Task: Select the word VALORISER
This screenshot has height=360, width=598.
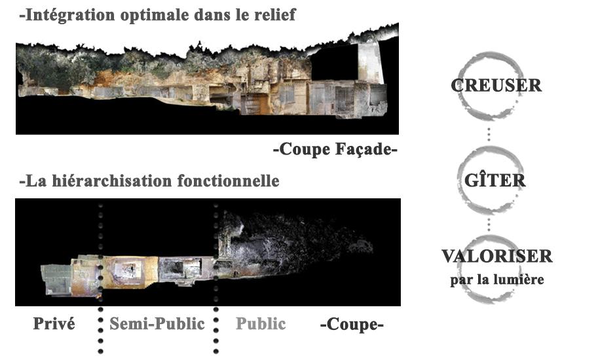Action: point(497,257)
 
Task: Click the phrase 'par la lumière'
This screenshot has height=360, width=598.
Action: point(497,280)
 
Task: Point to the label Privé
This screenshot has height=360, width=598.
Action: point(54,323)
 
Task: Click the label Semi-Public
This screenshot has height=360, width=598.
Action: point(157,323)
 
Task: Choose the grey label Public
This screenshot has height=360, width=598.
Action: point(261,323)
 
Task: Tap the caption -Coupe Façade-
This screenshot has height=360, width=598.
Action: point(335,151)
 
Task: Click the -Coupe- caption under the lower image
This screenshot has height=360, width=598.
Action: point(351,324)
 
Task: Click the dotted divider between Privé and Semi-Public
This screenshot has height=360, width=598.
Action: point(100,275)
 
